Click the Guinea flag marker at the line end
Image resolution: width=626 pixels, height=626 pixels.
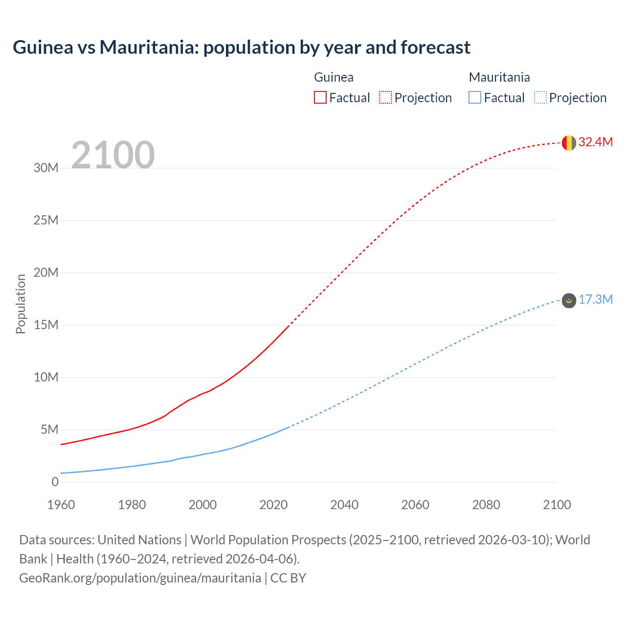click(569, 143)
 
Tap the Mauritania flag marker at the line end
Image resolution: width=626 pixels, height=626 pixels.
click(569, 300)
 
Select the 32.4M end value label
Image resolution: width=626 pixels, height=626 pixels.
click(595, 142)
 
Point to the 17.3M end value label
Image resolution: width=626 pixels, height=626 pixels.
click(595, 299)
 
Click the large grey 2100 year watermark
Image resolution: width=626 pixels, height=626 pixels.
click(113, 155)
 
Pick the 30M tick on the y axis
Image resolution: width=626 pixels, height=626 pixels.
click(46, 168)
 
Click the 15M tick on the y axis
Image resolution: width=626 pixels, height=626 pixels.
click(46, 325)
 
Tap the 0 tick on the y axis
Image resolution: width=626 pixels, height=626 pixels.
click(55, 482)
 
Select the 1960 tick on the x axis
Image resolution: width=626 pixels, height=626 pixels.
click(61, 505)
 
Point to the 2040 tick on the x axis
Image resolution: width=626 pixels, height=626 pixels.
click(344, 505)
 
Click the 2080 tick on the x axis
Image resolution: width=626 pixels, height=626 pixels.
click(486, 505)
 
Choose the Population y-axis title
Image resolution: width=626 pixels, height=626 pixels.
click(21, 304)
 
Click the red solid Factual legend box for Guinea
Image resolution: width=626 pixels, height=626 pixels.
click(320, 97)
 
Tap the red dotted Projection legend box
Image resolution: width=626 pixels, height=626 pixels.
click(385, 97)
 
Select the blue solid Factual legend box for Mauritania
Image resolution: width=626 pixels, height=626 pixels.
click(475, 97)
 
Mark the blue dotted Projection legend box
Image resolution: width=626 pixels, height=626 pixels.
click(540, 97)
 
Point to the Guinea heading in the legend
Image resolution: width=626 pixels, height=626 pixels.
click(334, 77)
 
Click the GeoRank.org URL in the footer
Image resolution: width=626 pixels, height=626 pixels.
click(140, 578)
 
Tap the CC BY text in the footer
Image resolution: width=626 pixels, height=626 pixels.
click(288, 578)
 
